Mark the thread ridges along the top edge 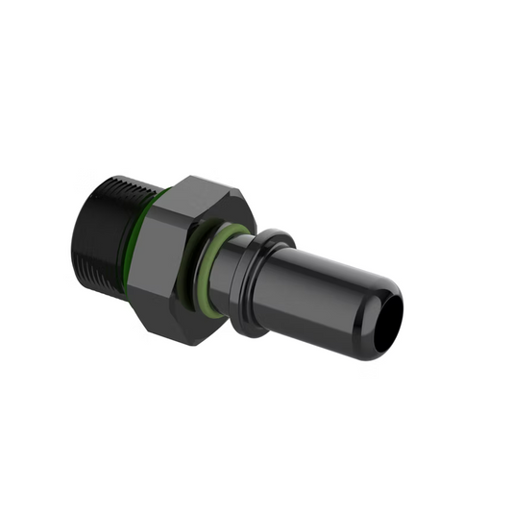[x=120, y=182]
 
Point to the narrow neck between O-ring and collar [x=240, y=274]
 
